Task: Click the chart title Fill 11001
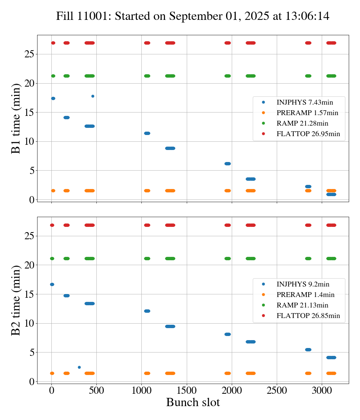pos(193,16)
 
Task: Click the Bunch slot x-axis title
pos(193,403)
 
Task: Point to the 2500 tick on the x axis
pos(277,390)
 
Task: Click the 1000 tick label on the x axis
pos(141,390)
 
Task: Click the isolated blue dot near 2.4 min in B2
pos(79,367)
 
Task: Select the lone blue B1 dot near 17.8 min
pos(93,96)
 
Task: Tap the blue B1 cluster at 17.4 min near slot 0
pos(53,98)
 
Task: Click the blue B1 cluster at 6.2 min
pos(228,163)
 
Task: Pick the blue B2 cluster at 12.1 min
pos(147,311)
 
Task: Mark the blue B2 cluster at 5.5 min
pos(308,349)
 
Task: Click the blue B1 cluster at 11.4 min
pos(147,133)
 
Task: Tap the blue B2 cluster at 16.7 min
pos(52,284)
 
